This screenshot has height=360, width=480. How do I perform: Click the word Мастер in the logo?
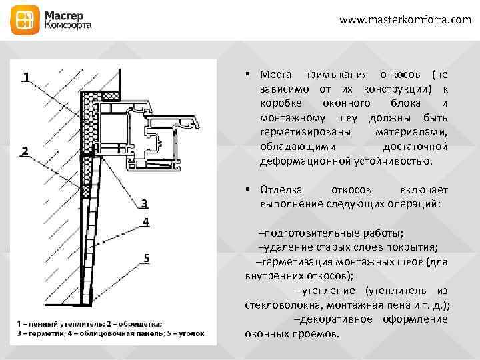click(65, 14)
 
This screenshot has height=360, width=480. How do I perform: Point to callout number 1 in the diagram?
click(24, 77)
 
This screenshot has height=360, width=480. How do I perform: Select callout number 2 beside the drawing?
click(24, 151)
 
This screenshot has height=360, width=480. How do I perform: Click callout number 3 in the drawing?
click(144, 203)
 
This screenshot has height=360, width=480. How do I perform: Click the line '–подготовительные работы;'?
click(331, 233)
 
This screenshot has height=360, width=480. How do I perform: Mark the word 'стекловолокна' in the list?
click(277, 305)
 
